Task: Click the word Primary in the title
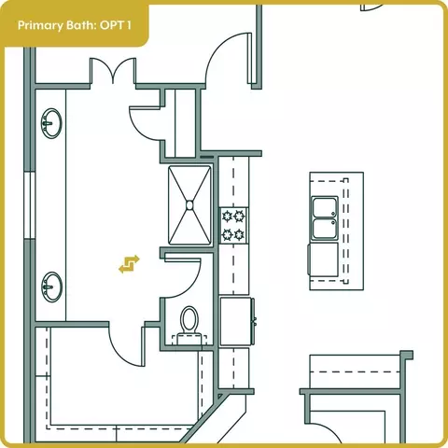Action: (x=40, y=25)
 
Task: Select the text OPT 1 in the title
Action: (x=116, y=25)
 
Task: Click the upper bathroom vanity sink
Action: (x=51, y=123)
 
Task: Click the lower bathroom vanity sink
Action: (x=51, y=287)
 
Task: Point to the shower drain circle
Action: (x=189, y=204)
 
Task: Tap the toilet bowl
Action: (x=189, y=318)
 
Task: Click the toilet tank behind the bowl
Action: (x=189, y=339)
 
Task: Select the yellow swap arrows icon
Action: (x=129, y=264)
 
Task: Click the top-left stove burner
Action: (x=228, y=216)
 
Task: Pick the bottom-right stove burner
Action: (x=239, y=234)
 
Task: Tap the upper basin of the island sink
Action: (x=325, y=207)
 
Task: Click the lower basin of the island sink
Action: (x=325, y=229)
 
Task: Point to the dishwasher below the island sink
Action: (x=323, y=259)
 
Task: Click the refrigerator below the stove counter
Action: (x=237, y=321)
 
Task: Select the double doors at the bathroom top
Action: (x=113, y=71)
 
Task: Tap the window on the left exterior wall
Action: (x=30, y=205)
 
